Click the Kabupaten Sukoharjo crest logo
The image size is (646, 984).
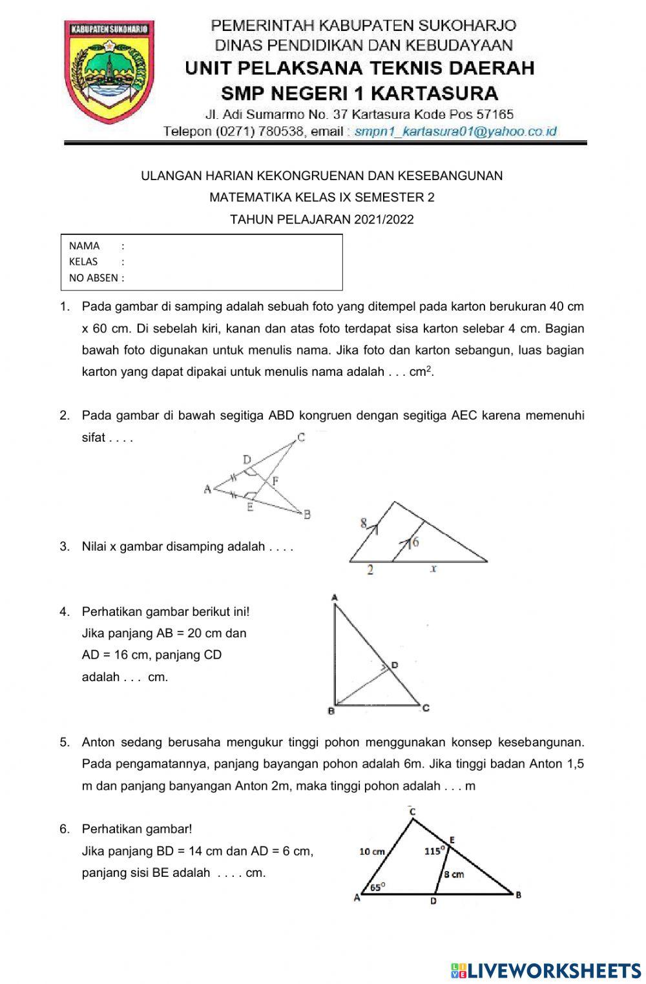coord(109,72)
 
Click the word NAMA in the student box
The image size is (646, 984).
coord(84,246)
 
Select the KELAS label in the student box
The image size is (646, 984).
coord(83,261)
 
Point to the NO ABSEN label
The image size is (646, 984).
coord(94,278)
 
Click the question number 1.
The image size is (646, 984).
coord(65,307)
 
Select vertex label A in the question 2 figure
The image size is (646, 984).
coord(207,489)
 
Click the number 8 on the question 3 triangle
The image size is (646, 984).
coord(364,524)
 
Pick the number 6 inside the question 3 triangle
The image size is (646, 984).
coord(415,542)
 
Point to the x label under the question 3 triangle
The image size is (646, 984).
coord(433,569)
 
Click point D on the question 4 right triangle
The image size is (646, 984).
coord(394,665)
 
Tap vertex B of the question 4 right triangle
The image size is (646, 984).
coord(331,712)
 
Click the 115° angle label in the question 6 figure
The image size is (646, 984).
coord(434,851)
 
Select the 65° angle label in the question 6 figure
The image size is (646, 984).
coord(377,887)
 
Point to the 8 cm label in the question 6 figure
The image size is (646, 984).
coord(453,874)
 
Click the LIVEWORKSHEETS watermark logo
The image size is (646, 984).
coord(546,970)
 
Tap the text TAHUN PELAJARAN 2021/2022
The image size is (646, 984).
coord(322,220)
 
